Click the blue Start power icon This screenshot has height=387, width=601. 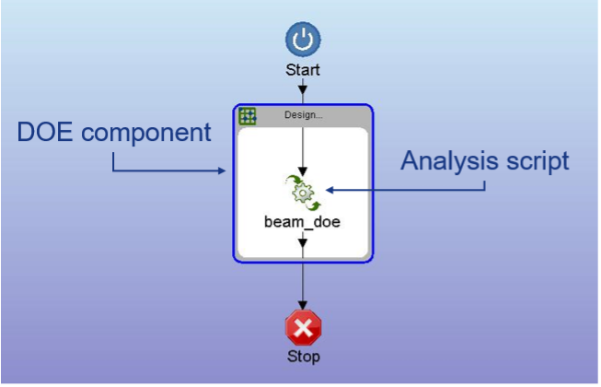302,41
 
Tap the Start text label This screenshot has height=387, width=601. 302,69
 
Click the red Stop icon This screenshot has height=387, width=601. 302,327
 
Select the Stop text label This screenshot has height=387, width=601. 302,356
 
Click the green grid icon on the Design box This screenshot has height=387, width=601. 248,116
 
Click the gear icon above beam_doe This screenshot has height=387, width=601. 302,191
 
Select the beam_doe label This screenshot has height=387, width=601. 302,221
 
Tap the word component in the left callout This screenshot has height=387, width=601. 152,134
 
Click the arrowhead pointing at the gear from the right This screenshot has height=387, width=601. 329,191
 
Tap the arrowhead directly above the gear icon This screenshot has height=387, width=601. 302,170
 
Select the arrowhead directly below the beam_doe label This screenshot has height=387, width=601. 302,243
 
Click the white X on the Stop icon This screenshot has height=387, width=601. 302,327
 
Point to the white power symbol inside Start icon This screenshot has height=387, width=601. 302,41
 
